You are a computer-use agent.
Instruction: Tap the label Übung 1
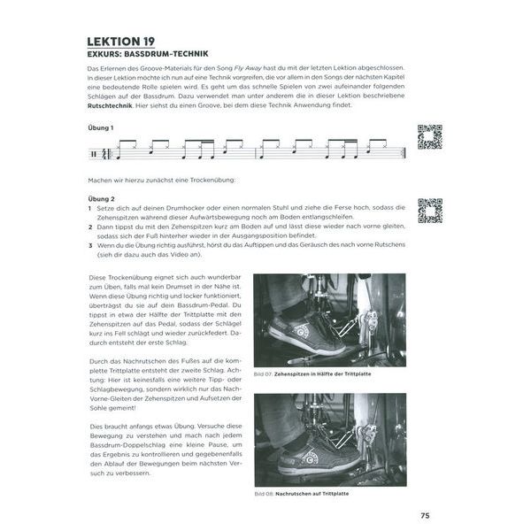pyautogui.click(x=101, y=128)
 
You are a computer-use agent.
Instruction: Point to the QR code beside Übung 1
pyautogui.click(x=429, y=137)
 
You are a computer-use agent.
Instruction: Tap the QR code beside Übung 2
pyautogui.click(x=429, y=211)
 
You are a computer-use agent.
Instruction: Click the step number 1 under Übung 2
pyautogui.click(x=89, y=209)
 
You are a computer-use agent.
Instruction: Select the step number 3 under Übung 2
pyautogui.click(x=89, y=245)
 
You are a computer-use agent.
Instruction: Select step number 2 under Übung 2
pyautogui.click(x=89, y=227)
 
